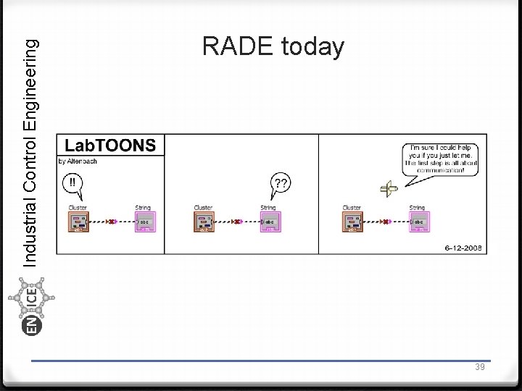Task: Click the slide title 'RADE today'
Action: [x=273, y=47]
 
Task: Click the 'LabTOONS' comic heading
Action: [x=111, y=145]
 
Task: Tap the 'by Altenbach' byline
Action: [x=78, y=161]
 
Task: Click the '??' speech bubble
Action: [x=281, y=183]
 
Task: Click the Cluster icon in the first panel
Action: [x=78, y=222]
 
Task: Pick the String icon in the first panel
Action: [x=145, y=222]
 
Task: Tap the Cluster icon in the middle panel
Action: [x=204, y=222]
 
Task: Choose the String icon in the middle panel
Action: [x=270, y=222]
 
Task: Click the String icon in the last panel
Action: [x=419, y=222]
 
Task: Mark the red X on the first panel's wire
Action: [x=111, y=222]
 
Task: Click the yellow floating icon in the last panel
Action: [x=389, y=189]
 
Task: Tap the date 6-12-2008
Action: [x=463, y=248]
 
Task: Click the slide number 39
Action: [x=480, y=368]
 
